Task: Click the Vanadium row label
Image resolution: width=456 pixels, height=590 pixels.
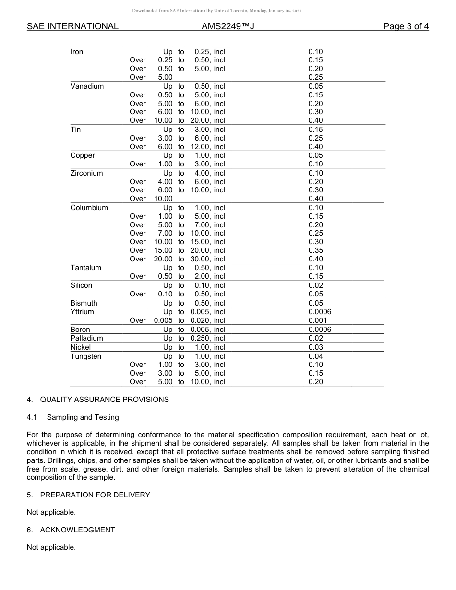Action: [x=87, y=86]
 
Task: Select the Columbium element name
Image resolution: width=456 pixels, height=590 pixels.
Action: [x=89, y=208]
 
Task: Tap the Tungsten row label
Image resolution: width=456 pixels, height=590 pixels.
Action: [x=85, y=356]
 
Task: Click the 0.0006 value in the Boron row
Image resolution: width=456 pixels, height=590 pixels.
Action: [x=320, y=330]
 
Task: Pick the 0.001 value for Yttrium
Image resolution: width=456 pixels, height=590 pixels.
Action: [x=317, y=320]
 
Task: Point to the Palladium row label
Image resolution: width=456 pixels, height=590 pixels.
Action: [x=86, y=338]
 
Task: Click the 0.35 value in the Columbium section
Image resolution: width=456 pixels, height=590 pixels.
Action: [x=315, y=250]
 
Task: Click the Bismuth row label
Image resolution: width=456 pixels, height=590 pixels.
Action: [x=84, y=303]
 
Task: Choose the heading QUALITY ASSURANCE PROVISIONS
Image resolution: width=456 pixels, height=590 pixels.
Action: [x=104, y=399]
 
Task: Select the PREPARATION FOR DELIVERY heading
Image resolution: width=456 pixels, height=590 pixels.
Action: [x=95, y=495]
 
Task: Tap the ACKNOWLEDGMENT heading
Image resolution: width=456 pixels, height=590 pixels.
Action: [x=77, y=530]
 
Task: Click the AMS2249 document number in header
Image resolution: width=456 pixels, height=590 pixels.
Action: [x=228, y=26]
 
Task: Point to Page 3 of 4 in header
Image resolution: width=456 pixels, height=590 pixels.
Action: [x=406, y=26]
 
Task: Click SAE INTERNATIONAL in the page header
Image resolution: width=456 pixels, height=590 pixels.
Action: [x=72, y=26]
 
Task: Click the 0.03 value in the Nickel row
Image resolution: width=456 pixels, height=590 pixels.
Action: [x=315, y=347]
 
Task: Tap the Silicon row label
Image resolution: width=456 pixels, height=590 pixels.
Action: [x=81, y=285]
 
